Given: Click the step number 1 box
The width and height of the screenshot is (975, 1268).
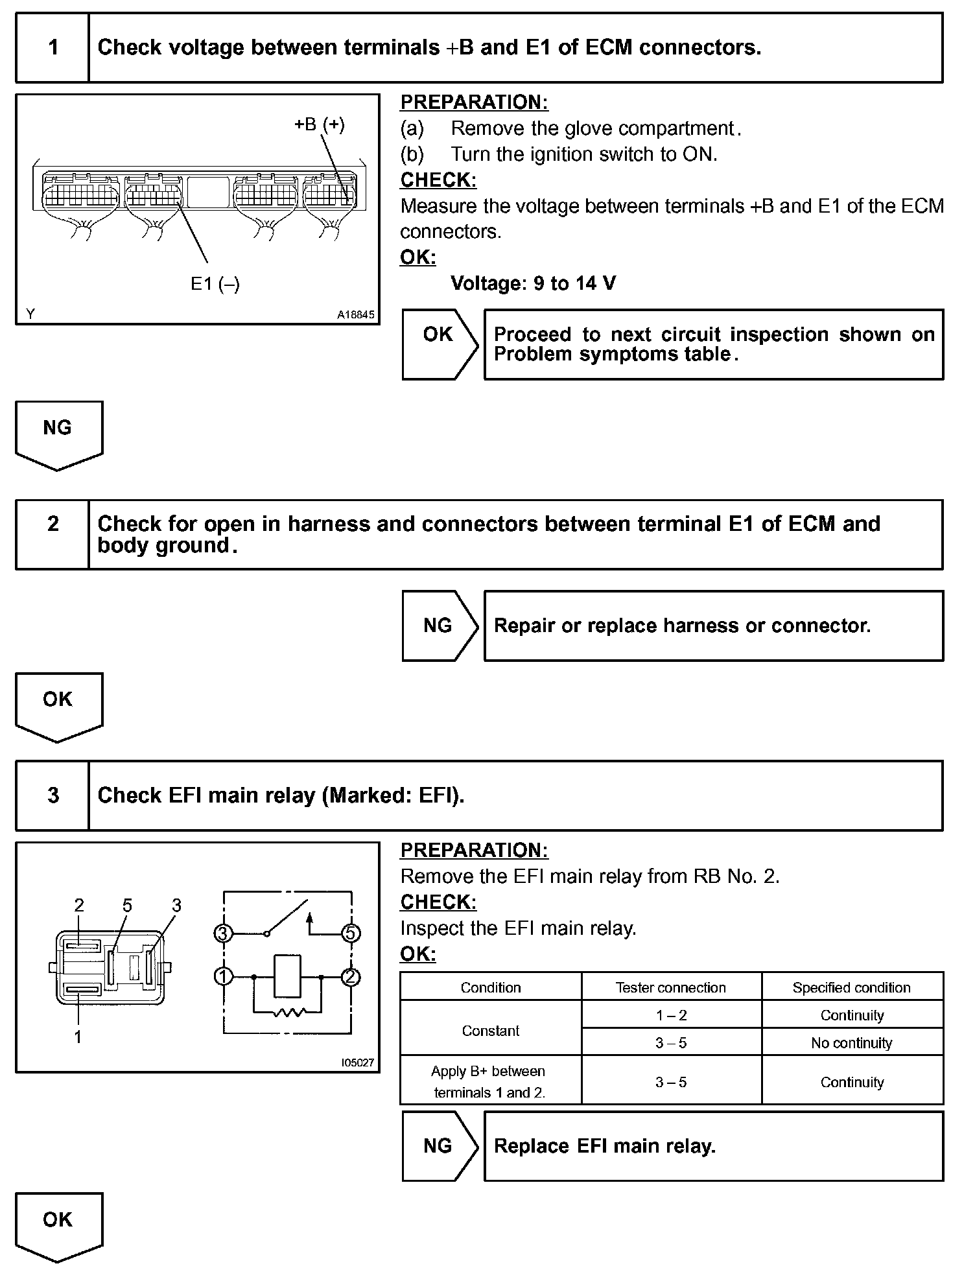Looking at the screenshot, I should coord(53,48).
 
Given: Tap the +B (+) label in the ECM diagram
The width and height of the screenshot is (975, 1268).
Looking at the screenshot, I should coord(319,124).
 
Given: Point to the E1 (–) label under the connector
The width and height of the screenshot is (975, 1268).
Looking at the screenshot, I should coord(215,284).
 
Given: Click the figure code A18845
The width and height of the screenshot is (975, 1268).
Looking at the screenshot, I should coord(355,315).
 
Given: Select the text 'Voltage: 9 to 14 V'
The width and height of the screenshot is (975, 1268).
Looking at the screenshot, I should coord(533,283).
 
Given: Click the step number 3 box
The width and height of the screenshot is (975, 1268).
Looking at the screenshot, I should coord(53,795).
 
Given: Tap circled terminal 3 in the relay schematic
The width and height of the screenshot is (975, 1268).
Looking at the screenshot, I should coord(223,933).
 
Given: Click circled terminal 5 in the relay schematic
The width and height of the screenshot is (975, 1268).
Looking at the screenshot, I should coord(351,933).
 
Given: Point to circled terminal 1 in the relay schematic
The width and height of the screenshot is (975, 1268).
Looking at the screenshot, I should coord(223,976).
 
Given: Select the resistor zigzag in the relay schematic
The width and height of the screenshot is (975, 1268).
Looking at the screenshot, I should coord(288,1011).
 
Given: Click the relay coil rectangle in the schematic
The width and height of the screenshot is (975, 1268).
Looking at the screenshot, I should coord(288,976).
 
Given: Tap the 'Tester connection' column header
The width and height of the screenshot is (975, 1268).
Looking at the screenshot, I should coord(670,987).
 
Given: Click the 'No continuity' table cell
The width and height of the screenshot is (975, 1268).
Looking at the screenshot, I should coord(851,1043).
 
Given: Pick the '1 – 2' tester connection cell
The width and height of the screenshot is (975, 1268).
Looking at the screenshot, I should coord(671,1015).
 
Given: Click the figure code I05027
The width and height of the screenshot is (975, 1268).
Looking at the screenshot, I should coord(357,1063).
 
